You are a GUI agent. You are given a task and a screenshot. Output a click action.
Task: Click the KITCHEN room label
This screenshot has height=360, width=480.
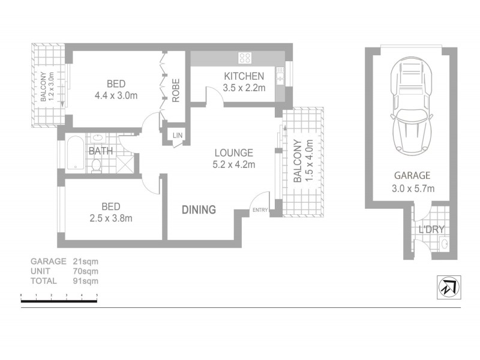(x=244, y=76)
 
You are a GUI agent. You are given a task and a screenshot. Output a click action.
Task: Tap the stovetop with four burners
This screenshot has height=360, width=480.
(x=245, y=58)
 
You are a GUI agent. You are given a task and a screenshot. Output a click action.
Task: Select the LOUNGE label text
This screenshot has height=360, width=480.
(x=233, y=153)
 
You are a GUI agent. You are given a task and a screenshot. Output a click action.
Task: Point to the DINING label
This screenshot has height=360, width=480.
(x=199, y=210)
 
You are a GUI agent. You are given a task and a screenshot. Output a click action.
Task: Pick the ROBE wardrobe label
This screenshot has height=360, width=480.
(x=176, y=91)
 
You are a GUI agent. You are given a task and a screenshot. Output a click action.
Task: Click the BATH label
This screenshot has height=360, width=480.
(x=101, y=151)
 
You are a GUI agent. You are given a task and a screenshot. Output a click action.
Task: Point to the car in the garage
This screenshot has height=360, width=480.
(x=411, y=108)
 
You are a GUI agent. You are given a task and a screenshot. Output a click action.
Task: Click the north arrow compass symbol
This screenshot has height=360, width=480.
(x=449, y=287)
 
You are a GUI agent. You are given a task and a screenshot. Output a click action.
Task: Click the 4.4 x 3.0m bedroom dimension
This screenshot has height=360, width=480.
(x=116, y=95)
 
